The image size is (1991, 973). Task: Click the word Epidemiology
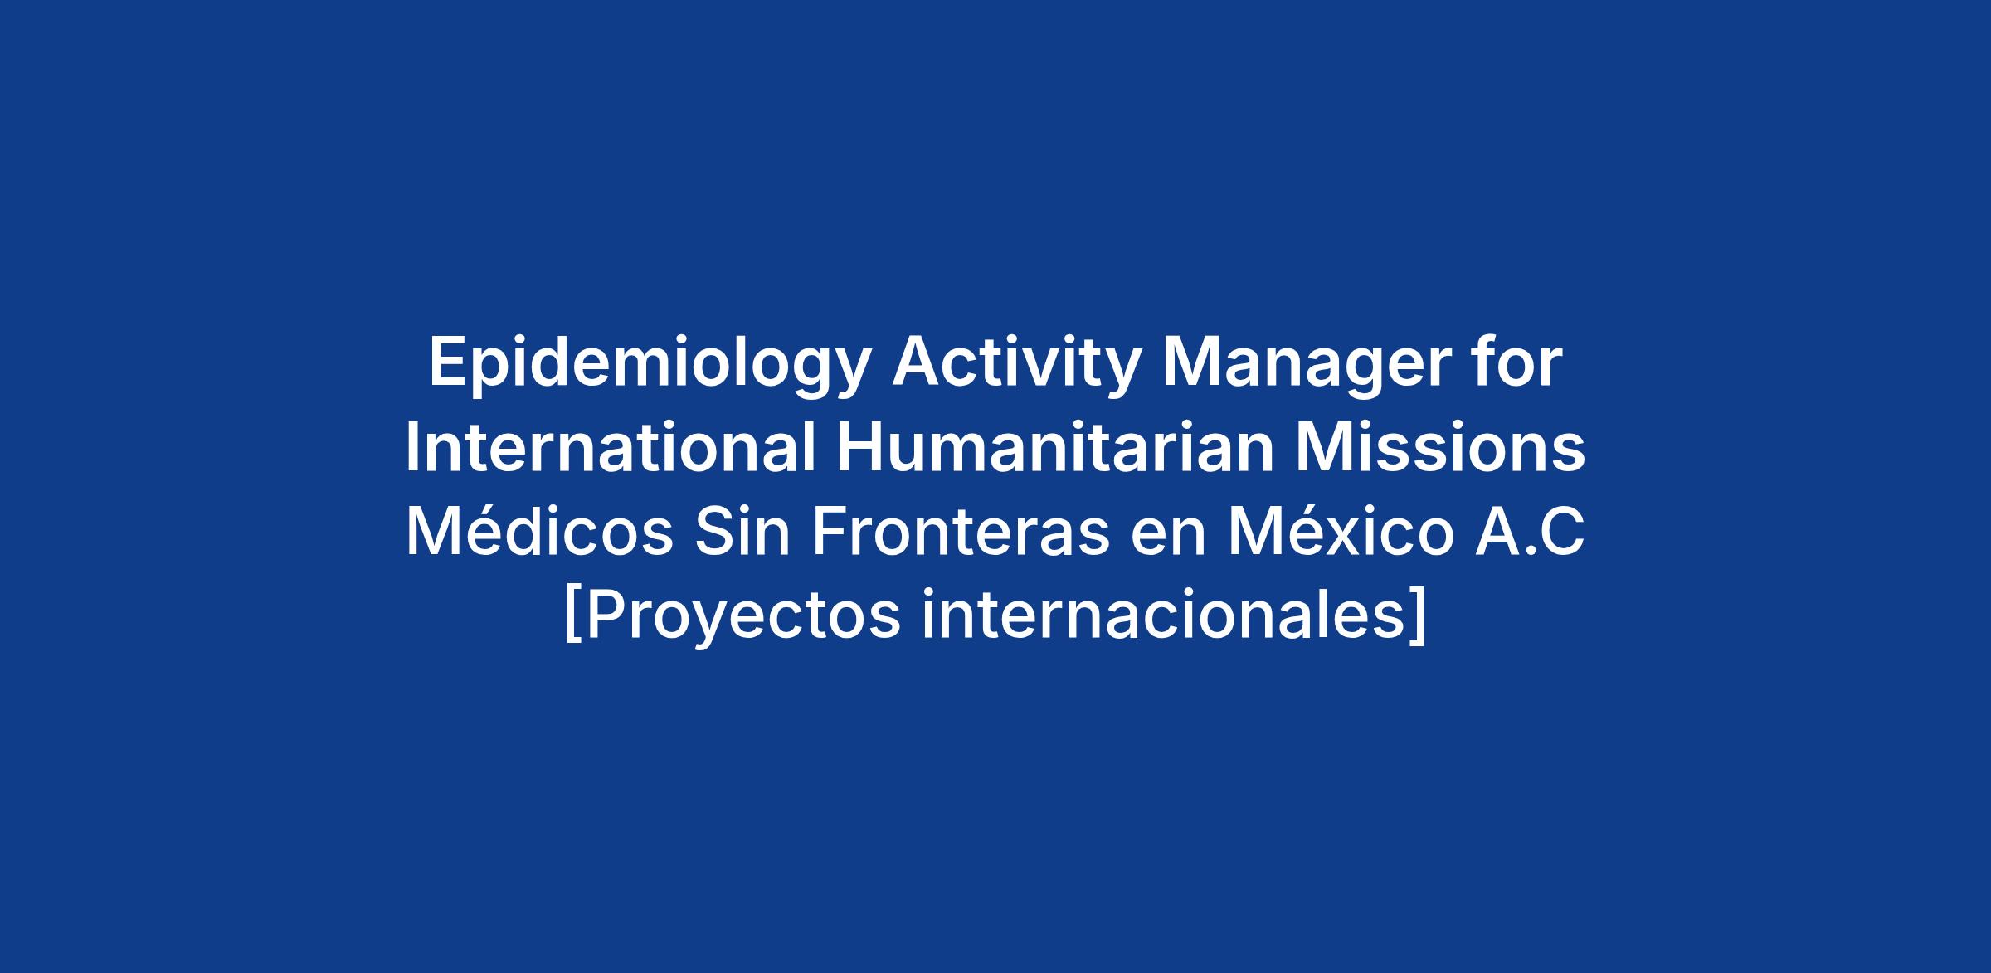click(650, 366)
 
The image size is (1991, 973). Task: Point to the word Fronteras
click(961, 533)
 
